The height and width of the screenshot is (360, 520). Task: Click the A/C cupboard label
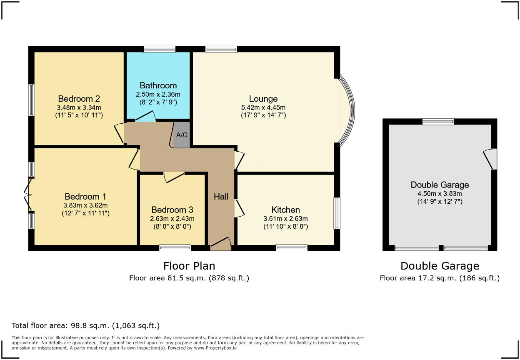[182, 135]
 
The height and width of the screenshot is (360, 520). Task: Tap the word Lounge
[263, 99]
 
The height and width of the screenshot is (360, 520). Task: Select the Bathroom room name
[158, 85]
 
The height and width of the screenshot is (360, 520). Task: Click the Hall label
[221, 196]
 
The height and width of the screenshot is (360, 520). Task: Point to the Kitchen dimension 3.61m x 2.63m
[285, 218]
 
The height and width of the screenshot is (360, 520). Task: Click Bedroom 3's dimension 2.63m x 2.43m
[172, 218]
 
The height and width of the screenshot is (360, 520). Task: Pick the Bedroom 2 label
[79, 99]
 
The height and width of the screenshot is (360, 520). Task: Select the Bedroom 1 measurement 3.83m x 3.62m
[86, 205]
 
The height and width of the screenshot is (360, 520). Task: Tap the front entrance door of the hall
[221, 244]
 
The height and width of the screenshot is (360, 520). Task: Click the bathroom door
[145, 117]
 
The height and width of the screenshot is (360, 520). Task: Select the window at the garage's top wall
[438, 122]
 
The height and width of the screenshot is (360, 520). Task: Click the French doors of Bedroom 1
[28, 195]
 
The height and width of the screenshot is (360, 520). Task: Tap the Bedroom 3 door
[174, 177]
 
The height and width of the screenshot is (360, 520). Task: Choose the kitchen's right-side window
[337, 213]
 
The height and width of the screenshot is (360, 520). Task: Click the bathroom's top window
[160, 49]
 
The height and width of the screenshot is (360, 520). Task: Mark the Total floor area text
[85, 325]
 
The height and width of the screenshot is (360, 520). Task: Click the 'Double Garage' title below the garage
[440, 266]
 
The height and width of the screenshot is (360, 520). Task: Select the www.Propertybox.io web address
[214, 347]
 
